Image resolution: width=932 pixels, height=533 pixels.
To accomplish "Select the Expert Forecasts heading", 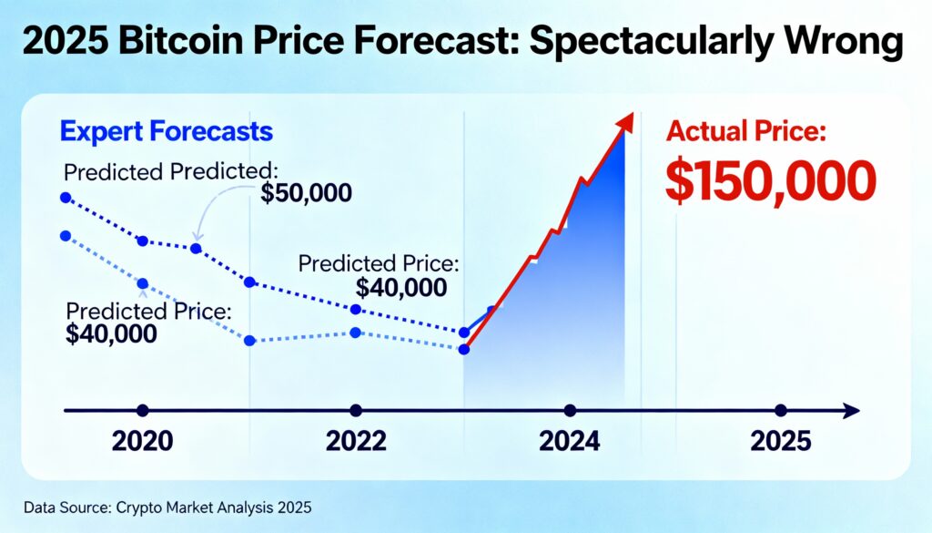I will pos(167,131).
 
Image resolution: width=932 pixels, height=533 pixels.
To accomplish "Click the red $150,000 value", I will pos(770,180).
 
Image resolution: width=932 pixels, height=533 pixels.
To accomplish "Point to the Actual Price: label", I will pos(745,131).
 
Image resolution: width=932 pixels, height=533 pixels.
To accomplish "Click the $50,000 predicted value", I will pos(306,193).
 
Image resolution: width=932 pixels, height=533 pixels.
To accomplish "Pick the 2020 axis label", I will pos(142,442).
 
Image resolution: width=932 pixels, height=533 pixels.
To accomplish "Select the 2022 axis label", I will pos(356,442).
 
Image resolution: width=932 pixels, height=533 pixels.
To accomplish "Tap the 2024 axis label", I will pos(570,442).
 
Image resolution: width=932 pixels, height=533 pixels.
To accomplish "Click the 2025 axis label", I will pos(781,442).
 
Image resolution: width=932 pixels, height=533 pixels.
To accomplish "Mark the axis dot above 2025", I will pos(780,411).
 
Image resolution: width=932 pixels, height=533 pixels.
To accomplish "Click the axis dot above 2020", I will pos(141,411).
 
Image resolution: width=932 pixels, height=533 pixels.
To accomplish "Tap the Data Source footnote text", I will pos(167,507).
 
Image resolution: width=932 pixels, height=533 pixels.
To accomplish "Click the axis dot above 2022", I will pos(355,411).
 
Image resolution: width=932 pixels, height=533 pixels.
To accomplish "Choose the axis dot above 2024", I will pos(570,411).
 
